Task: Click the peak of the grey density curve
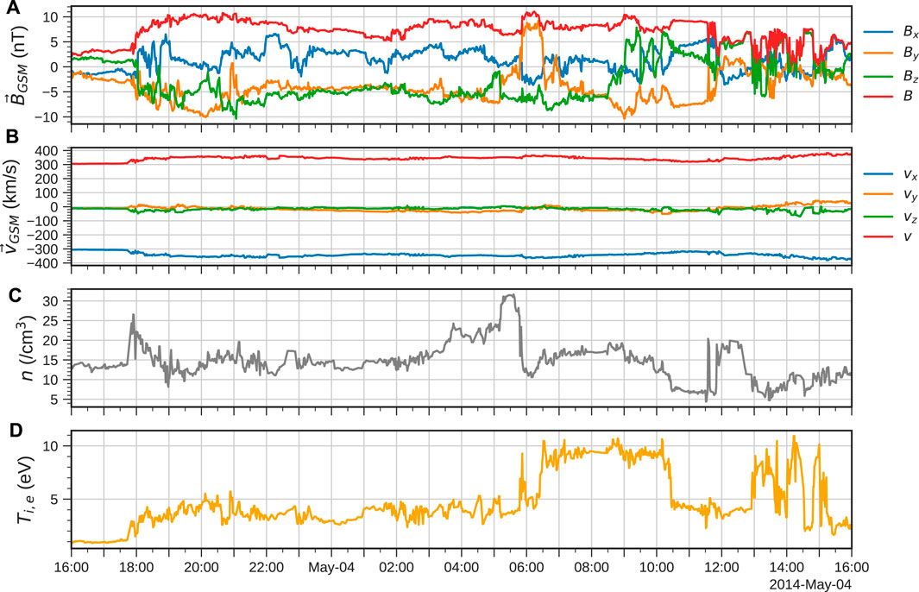point(510,295)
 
